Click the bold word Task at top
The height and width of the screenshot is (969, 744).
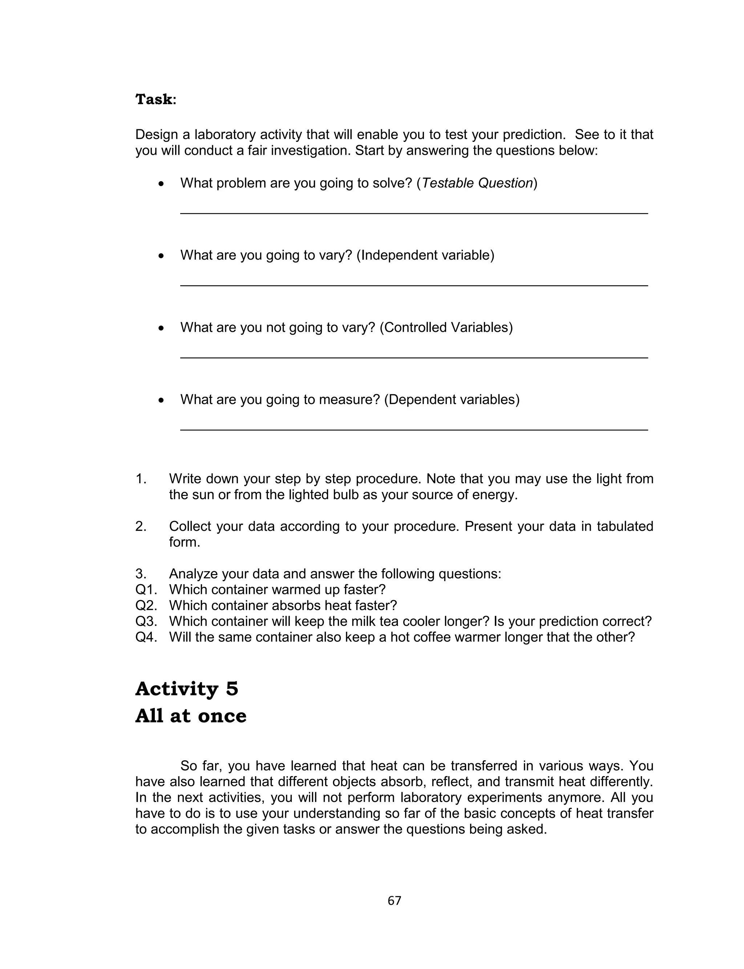tap(154, 99)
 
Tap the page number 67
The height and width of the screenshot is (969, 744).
tap(394, 900)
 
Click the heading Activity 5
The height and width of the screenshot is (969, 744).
tap(186, 689)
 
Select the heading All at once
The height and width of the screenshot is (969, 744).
tap(190, 716)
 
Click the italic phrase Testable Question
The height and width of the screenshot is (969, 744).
tap(477, 183)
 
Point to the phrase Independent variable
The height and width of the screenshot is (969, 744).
tap(425, 255)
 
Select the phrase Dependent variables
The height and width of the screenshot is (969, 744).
tap(452, 400)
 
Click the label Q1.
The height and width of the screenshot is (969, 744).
tap(146, 590)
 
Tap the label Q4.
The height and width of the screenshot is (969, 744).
tap(146, 637)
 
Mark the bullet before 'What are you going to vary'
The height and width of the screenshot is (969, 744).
tap(162, 256)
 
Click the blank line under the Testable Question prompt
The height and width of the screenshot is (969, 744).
tap(414, 213)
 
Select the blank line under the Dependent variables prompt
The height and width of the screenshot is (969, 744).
tap(414, 429)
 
